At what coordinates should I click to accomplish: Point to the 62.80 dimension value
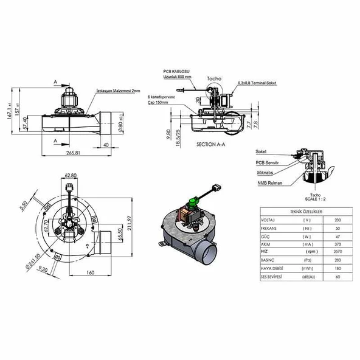click(x=71, y=175)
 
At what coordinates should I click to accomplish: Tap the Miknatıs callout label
click(x=265, y=172)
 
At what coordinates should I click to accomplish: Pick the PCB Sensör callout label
click(x=268, y=163)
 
